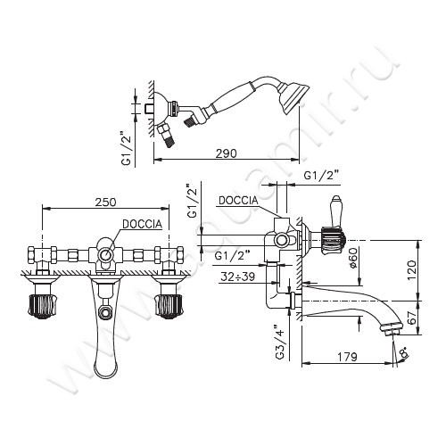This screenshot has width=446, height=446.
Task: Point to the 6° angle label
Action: click(x=406, y=354)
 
